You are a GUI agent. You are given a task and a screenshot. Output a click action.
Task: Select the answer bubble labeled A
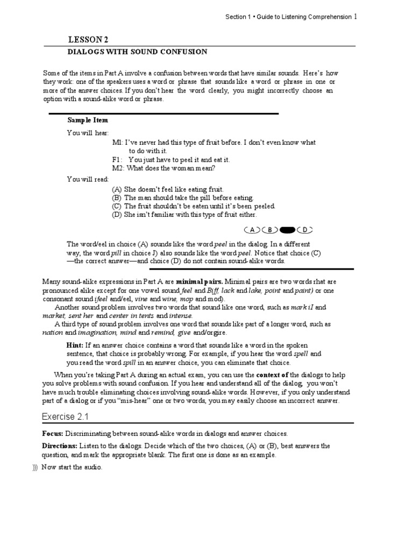coord(252,230)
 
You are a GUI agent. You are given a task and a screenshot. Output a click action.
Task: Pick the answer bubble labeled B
coord(270,230)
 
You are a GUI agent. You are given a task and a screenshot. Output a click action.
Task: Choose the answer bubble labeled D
coord(304,230)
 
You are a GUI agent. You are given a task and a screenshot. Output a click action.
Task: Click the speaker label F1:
coord(117,160)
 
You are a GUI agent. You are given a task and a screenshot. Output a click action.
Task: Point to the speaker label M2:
coord(118,168)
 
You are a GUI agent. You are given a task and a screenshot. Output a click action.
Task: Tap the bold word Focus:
coord(53,433)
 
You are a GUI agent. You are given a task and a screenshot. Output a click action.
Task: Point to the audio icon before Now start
coord(34,467)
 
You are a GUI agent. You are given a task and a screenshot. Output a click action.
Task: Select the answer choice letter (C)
coord(117,206)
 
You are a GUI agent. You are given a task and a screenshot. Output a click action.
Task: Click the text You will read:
coord(88,179)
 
